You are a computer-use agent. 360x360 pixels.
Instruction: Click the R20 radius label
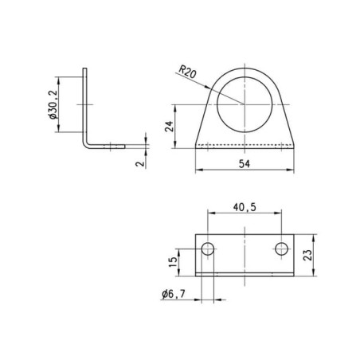187,72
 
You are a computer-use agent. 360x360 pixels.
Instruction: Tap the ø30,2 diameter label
53,104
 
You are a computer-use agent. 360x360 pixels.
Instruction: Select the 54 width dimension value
245,164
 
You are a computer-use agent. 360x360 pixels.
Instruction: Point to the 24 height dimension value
169,127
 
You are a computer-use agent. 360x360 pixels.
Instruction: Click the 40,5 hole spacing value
245,207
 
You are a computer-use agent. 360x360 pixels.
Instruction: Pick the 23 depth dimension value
307,255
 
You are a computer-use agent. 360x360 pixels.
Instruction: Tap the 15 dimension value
173,262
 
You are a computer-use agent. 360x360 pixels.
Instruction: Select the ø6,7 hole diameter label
174,294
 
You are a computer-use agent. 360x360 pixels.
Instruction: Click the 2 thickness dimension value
140,163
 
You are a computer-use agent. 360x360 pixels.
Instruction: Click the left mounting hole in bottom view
208,248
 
